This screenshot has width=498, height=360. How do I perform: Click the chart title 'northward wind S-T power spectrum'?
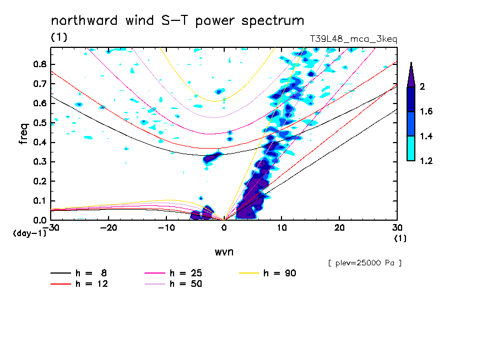pyautogui.click(x=177, y=21)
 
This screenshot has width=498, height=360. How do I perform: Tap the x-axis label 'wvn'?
pyautogui.click(x=224, y=252)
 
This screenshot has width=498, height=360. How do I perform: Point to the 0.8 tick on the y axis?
pyautogui.click(x=39, y=64)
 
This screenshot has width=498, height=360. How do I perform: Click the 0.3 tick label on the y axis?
pyautogui.click(x=39, y=162)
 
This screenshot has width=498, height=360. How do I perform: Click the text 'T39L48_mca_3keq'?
pyautogui.click(x=353, y=39)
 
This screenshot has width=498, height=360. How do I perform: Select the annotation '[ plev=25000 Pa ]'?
pyautogui.click(x=364, y=263)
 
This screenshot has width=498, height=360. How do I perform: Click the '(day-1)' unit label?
pyautogui.click(x=30, y=233)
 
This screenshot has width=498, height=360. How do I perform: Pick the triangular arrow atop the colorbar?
pyautogui.click(x=411, y=74)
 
